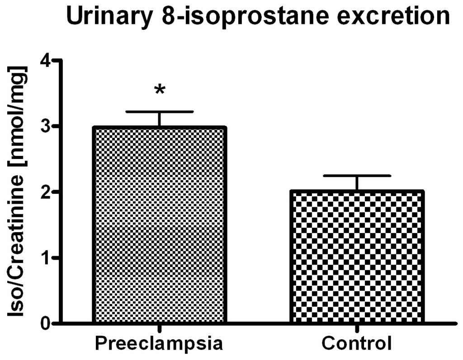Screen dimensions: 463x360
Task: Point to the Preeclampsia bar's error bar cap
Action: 159,112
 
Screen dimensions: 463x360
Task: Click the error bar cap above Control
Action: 357,175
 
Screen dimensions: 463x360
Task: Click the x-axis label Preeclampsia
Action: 159,344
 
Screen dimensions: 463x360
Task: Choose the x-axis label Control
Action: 357,344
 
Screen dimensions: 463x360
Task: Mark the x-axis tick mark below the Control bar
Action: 357,328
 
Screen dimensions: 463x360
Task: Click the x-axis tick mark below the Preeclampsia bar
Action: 159,328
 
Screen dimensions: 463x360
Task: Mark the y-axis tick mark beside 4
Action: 57,61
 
